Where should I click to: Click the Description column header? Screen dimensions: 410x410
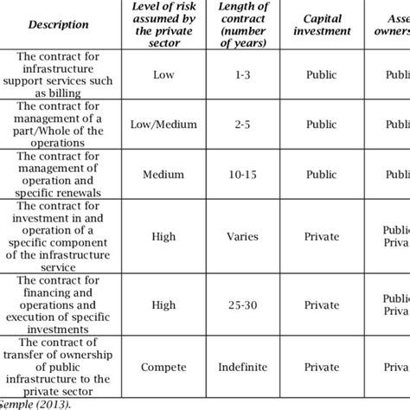click(58, 24)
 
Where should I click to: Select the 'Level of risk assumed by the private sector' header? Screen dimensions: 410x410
click(163, 24)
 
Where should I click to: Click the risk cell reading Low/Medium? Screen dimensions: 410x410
click(163, 123)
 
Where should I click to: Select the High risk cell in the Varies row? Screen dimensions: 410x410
click(163, 233)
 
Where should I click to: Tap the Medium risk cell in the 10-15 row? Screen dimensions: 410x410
click(163, 173)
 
